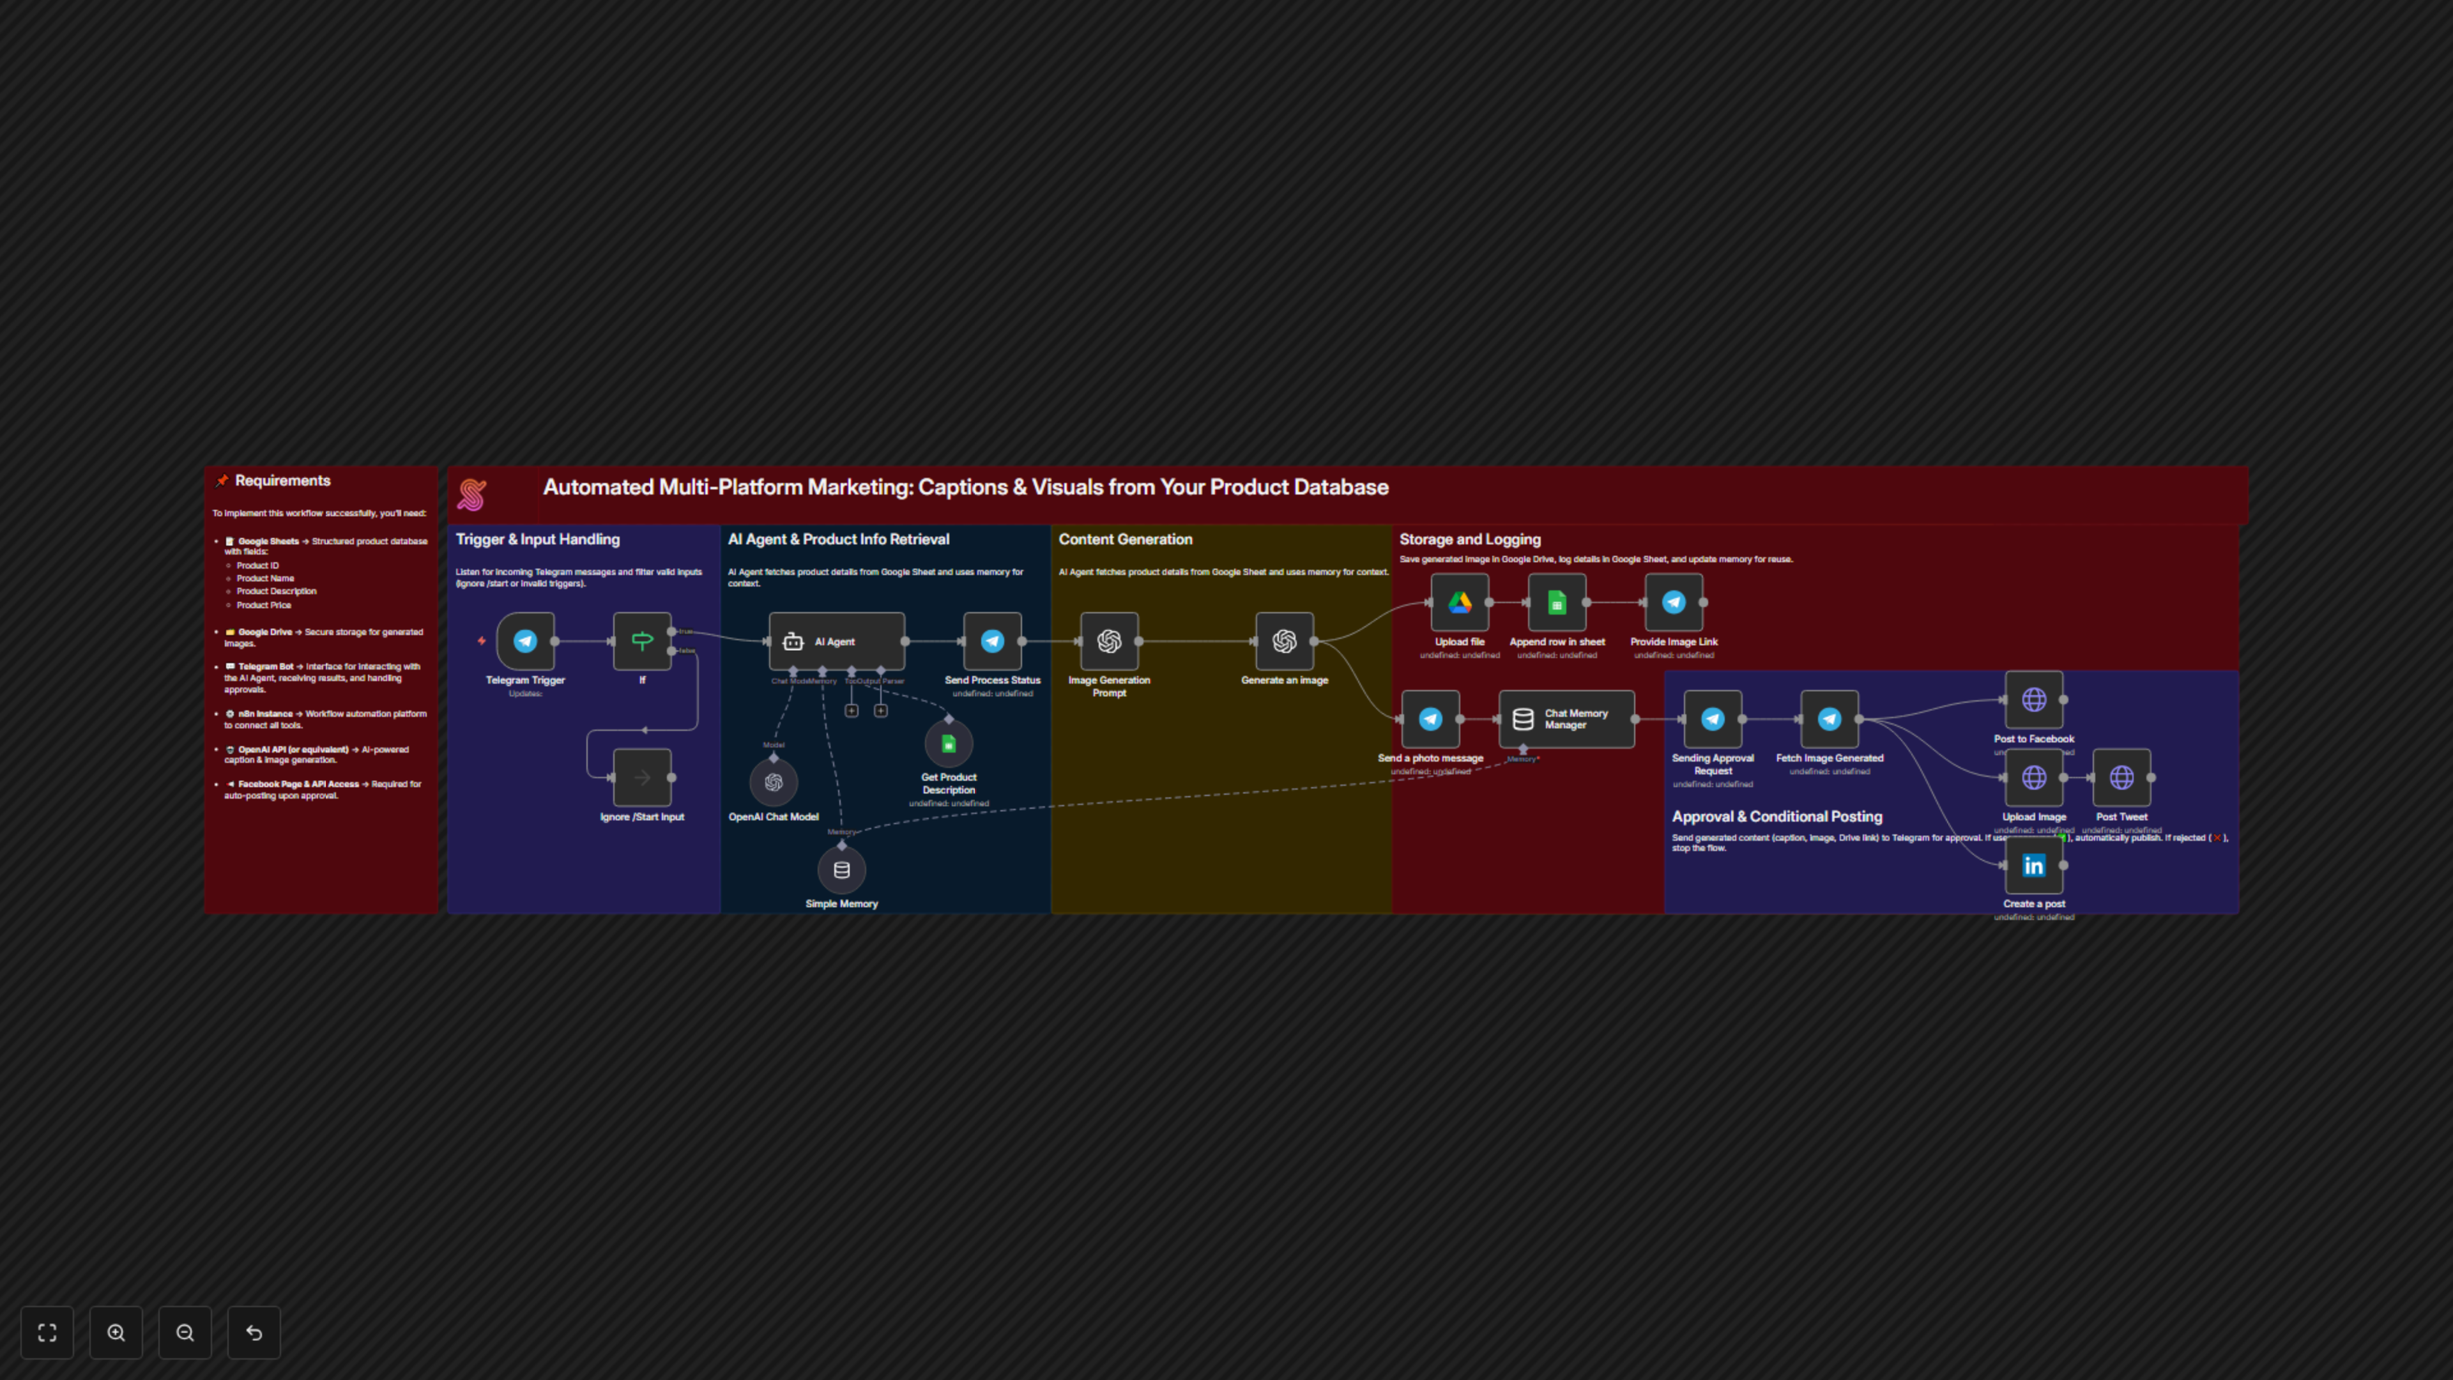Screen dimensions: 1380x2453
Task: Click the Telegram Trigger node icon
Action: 524,641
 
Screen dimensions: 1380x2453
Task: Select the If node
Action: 642,641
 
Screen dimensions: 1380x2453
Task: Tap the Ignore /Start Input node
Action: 642,777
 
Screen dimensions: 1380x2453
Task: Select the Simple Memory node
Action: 841,870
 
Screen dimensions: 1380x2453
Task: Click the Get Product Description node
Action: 949,744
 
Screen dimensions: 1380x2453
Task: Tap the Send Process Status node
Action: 992,641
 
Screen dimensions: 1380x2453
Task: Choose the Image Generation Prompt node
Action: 1108,641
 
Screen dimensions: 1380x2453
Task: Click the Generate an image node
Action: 1283,641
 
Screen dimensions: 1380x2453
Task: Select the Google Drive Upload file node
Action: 1459,602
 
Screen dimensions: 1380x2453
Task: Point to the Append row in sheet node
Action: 1556,602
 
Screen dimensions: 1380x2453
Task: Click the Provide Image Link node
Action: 1673,602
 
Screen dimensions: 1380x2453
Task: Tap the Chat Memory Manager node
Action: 1566,719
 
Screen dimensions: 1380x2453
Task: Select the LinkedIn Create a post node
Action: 2033,865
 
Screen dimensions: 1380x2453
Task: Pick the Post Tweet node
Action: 2121,777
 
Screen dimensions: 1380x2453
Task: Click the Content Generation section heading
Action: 1124,539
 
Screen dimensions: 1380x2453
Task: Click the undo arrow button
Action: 254,1332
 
